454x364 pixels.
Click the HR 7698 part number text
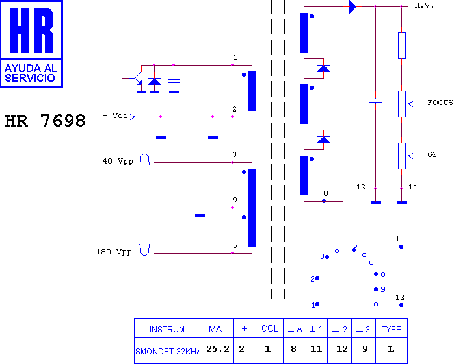click(x=45, y=121)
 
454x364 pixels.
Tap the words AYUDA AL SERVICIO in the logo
click(x=31, y=73)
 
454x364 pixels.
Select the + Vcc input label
click(x=115, y=116)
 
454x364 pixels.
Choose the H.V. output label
click(x=425, y=5)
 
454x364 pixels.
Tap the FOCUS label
click(x=440, y=103)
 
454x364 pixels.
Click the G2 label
click(x=433, y=154)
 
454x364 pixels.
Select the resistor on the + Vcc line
click(x=187, y=117)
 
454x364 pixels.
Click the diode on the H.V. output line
click(x=353, y=6)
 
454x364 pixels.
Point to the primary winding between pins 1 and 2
click(x=252, y=91)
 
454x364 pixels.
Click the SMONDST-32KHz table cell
click(x=168, y=351)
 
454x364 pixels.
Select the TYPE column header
click(x=392, y=328)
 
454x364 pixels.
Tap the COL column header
click(x=269, y=328)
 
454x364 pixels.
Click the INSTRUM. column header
click(x=168, y=328)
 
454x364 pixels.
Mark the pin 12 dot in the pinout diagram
click(x=401, y=305)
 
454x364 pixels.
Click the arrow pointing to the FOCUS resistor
click(x=414, y=104)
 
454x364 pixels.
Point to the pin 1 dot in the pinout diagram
click(x=317, y=304)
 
